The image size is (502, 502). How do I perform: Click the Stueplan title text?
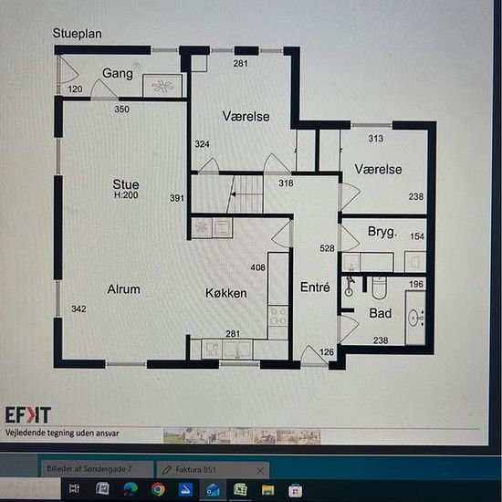[x=78, y=34]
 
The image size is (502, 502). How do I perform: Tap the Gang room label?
[x=118, y=73]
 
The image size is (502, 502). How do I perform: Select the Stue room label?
[x=126, y=184]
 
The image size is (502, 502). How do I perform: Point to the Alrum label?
[x=123, y=289]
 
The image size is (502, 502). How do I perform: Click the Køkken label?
[x=226, y=293]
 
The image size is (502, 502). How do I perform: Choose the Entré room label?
[x=315, y=288]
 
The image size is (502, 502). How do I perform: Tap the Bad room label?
[x=381, y=313]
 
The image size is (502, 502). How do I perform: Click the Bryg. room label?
[x=382, y=232]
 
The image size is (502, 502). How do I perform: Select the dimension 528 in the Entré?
[x=327, y=248]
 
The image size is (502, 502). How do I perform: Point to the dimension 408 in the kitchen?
[x=258, y=267]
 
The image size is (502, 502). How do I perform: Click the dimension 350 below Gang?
[x=122, y=110]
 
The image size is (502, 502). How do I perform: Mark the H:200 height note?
[x=126, y=195]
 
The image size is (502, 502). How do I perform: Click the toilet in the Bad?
[x=380, y=288]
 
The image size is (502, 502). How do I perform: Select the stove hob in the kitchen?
[x=277, y=316]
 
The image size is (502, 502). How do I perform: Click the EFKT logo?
[x=28, y=415]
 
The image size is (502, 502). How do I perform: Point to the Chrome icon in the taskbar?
[x=158, y=489]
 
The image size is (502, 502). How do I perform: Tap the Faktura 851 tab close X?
[x=260, y=470]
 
